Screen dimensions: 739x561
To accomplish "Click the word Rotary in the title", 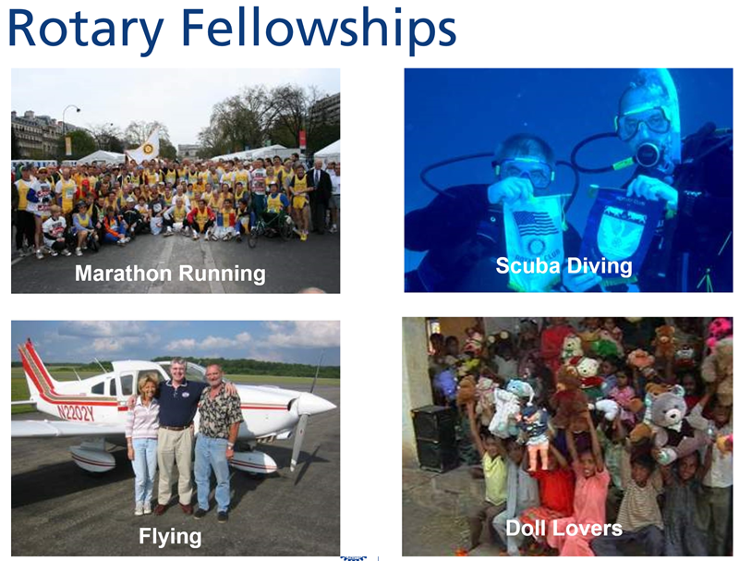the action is coord(86,30).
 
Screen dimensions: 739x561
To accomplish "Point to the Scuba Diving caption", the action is coord(563,266).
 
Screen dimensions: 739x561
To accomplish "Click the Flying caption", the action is coord(170,536).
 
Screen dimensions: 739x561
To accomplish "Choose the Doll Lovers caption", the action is coord(563,528).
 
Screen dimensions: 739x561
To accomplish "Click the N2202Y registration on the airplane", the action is coord(76,413).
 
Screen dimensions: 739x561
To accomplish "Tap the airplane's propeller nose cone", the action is coord(314,405).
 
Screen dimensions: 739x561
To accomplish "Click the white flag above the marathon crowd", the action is coord(144,149).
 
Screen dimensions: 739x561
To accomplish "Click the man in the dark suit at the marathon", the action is coord(319,196).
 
